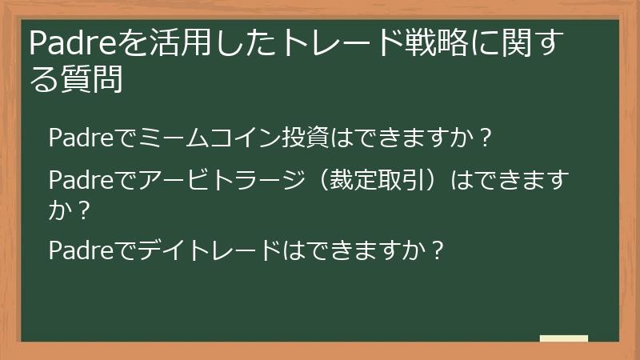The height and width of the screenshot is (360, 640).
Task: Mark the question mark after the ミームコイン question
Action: (x=482, y=138)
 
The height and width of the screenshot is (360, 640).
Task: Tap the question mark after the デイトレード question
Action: (x=437, y=251)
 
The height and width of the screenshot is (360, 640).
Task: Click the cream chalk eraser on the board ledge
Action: (x=564, y=338)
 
